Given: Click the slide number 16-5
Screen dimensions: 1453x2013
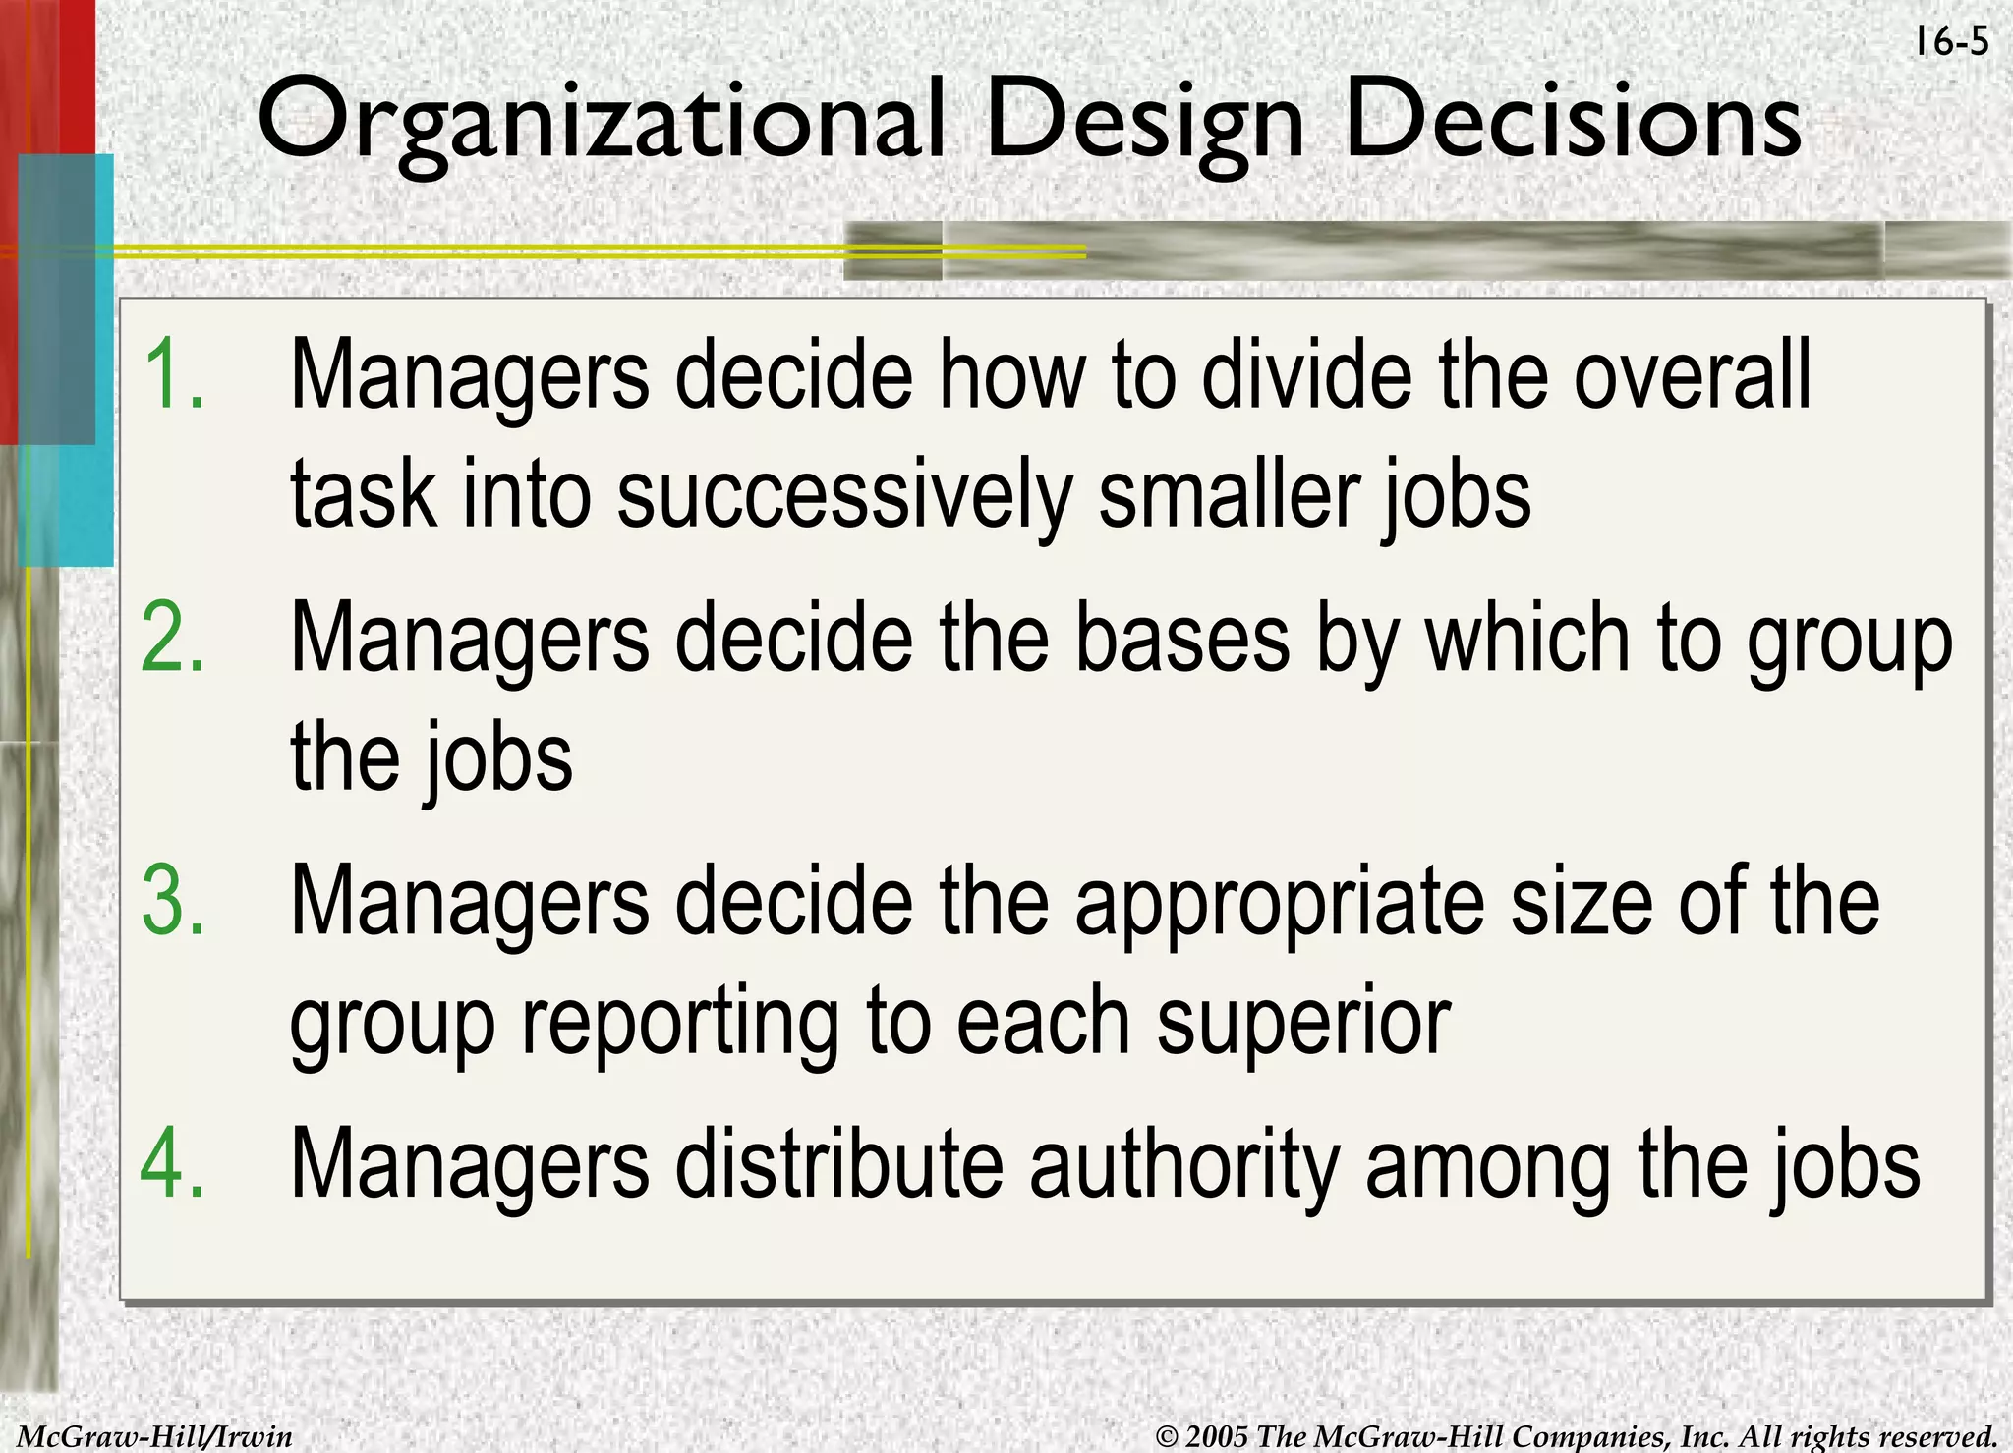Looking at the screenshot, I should pyautogui.click(x=1951, y=42).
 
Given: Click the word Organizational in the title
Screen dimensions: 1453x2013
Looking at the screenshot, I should pyautogui.click(x=601, y=122).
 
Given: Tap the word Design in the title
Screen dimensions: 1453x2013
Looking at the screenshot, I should pyautogui.click(x=1144, y=124).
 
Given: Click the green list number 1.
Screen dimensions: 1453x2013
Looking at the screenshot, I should pyautogui.click(x=173, y=374).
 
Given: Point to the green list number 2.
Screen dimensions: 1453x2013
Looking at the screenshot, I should pyautogui.click(x=173, y=638).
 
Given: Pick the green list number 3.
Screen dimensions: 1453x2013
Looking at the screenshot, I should pyautogui.click(x=173, y=900).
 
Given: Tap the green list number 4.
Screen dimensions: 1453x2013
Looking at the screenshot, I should pyautogui.click(x=173, y=1163).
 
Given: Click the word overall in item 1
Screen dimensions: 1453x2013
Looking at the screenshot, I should pyautogui.click(x=1692, y=374).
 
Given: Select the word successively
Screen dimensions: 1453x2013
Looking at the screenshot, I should pyautogui.click(x=844, y=494).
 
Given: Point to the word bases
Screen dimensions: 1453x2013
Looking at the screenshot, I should pyautogui.click(x=1182, y=638).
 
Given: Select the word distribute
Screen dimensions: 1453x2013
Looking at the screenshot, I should pyautogui.click(x=839, y=1163).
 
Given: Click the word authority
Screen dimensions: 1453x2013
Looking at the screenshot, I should pyautogui.click(x=1184, y=1165).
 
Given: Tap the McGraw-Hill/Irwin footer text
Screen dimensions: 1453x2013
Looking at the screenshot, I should pyautogui.click(x=155, y=1436).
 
